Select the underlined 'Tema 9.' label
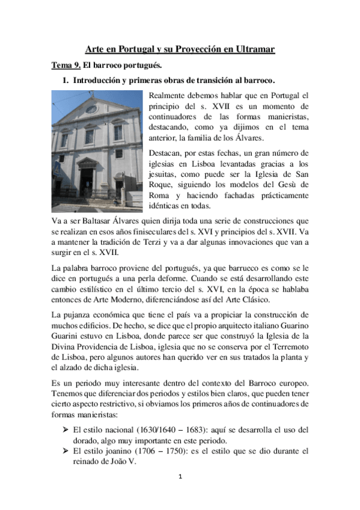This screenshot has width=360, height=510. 64,65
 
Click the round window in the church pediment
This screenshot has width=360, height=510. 91,109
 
